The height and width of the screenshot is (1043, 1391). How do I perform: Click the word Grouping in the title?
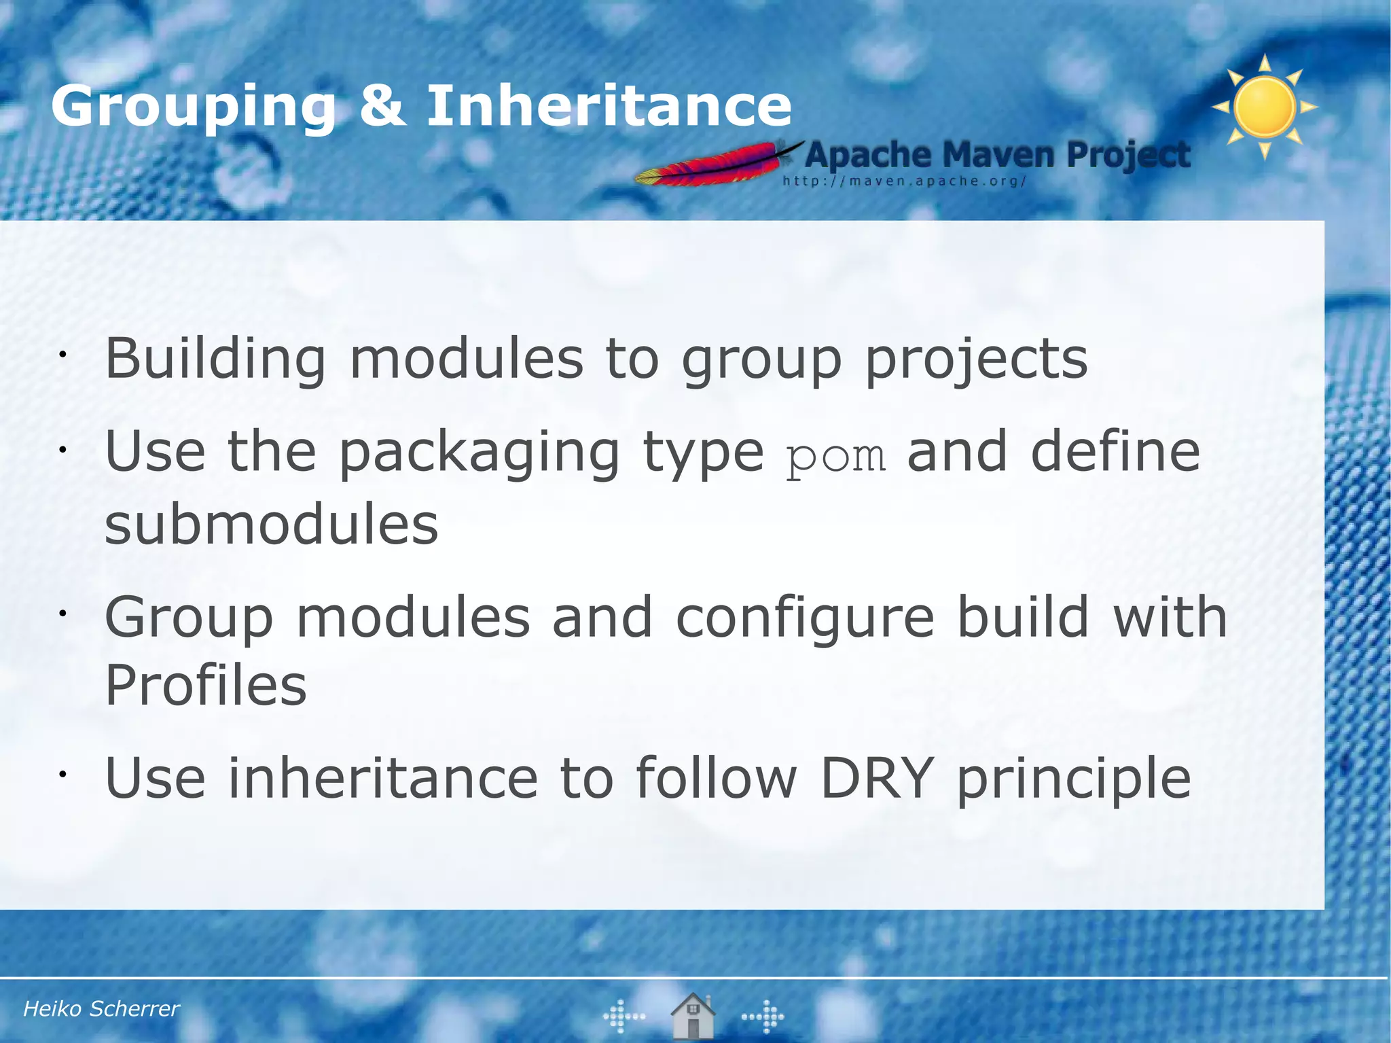click(194, 107)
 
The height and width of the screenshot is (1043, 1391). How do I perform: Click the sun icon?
click(1265, 107)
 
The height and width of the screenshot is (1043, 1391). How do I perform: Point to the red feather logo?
click(713, 165)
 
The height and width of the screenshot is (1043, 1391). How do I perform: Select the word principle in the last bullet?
click(1073, 779)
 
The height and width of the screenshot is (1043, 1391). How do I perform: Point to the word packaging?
click(479, 453)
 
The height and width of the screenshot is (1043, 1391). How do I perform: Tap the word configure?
click(805, 617)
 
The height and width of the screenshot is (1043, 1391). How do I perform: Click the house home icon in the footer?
click(692, 1016)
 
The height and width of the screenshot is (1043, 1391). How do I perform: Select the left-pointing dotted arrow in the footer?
click(624, 1017)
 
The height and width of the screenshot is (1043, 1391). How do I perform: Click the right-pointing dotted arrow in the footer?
click(763, 1017)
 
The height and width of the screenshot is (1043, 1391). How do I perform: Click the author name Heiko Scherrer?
click(101, 1008)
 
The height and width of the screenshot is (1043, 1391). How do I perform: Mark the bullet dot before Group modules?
click(61, 614)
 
